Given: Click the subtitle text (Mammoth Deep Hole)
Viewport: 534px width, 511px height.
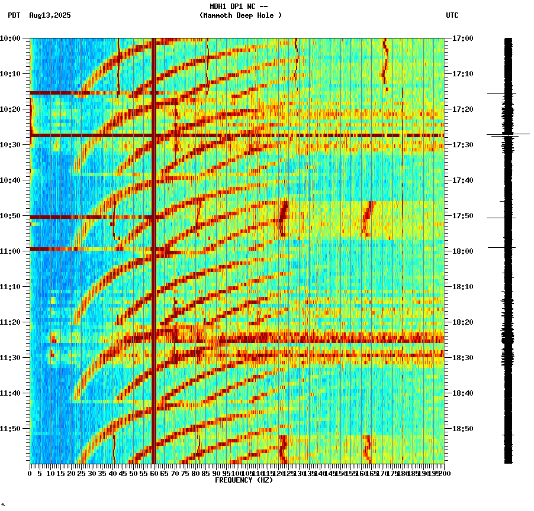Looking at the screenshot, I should pos(240,15).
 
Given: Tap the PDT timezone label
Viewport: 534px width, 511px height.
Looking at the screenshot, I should pos(14,15).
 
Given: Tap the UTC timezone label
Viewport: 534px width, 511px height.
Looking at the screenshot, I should pos(452,15).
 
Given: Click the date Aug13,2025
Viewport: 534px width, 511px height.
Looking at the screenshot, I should pos(50,15).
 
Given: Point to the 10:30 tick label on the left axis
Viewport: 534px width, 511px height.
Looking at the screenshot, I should pos(11,145).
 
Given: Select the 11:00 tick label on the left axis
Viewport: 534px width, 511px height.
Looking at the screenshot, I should pos(11,251).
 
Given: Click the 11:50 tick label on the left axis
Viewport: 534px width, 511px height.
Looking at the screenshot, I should pos(11,429).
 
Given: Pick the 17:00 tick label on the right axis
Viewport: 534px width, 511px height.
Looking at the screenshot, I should pos(462,38).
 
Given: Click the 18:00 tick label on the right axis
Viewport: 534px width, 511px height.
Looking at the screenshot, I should pos(462,251).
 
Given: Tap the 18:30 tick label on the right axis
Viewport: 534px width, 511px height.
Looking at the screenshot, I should pos(462,358).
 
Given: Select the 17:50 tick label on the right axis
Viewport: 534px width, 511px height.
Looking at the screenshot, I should pos(462,216).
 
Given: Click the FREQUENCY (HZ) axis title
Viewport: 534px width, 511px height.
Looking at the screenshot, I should pos(244,480).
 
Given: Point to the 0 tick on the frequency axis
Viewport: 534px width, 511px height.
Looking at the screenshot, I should pos(30,474).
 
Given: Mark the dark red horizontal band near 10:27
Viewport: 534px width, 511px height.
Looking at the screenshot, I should pos(237,135).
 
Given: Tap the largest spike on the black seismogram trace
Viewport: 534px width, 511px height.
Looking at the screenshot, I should pos(509,135).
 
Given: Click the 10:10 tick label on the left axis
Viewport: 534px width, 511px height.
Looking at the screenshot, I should pos(11,74).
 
